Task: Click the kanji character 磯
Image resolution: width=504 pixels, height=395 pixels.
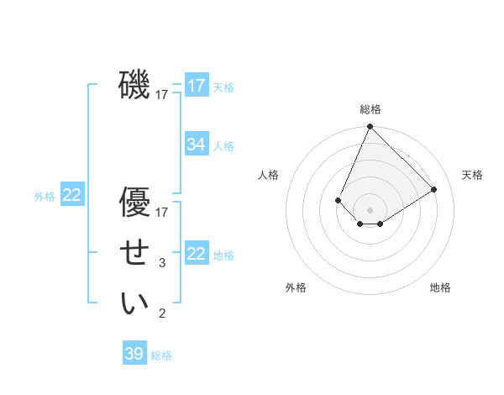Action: point(134,85)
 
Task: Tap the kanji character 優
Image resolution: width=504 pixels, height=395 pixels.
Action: point(134,203)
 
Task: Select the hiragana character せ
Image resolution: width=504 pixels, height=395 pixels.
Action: point(134,253)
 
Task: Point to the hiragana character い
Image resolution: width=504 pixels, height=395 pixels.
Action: point(134,303)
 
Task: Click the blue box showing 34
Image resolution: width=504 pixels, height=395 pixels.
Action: point(196,145)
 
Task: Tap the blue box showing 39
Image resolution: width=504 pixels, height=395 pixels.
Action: point(134,354)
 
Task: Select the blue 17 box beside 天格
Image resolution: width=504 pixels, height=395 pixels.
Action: point(196,86)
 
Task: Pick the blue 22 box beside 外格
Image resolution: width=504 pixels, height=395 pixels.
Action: point(71,195)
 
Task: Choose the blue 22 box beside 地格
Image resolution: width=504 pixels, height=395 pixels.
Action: point(196,254)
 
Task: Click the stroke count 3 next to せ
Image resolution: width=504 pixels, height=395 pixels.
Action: point(162,263)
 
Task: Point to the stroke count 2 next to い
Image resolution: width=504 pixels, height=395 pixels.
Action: point(162,314)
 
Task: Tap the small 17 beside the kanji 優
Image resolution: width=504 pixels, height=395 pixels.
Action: point(162,213)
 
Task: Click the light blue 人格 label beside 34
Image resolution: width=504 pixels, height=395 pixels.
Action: point(223,146)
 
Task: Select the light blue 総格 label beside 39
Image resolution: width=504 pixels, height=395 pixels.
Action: point(161,355)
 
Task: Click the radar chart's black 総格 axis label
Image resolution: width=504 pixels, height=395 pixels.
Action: point(370,109)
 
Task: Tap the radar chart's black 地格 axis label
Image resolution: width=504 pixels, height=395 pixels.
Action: point(440,287)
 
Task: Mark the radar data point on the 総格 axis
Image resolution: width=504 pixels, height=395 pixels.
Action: point(370,127)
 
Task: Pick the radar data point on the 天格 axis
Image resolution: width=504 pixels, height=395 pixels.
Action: point(434,189)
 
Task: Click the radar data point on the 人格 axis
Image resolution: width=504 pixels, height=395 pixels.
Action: point(338,200)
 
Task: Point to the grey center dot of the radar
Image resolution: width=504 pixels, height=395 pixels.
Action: point(370,210)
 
